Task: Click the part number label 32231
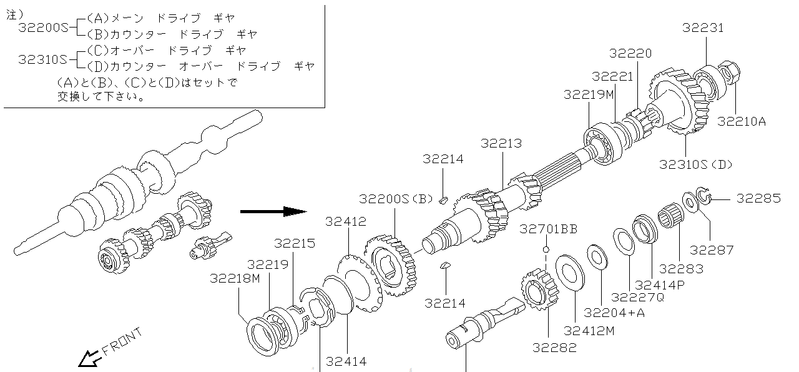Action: (703, 28)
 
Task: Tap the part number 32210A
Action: (741, 121)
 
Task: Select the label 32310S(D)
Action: (695, 164)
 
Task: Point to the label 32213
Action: (501, 143)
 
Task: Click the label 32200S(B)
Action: (396, 199)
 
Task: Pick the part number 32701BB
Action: (548, 229)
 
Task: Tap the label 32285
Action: (758, 198)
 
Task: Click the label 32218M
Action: (235, 278)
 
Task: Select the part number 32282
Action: (554, 348)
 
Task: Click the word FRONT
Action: (122, 341)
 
